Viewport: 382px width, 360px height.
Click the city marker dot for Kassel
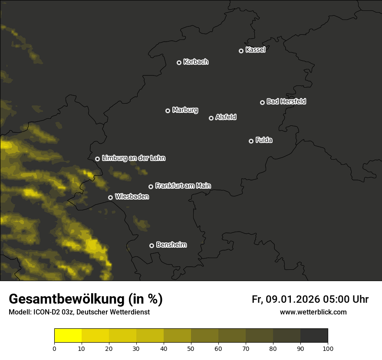pos(241,51)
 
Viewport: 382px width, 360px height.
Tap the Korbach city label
pos(196,62)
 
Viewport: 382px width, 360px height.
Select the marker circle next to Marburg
pos(168,111)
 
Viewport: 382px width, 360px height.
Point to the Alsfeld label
pos(226,117)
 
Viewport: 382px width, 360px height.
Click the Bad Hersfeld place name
pos(286,101)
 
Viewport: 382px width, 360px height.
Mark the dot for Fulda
pos(251,141)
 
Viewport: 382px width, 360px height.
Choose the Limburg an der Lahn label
pos(133,158)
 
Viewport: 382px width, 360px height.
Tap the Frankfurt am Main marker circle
pos(151,187)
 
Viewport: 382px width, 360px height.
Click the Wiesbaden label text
pos(132,196)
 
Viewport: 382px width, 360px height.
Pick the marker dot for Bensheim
pos(151,245)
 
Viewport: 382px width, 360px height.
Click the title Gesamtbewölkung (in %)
pos(86,299)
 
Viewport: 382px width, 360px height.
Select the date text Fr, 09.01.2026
pos(285,299)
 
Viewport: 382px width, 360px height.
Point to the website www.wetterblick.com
pos(313,312)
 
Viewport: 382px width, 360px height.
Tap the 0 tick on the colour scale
pos(54,348)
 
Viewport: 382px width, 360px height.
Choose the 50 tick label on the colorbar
pos(191,348)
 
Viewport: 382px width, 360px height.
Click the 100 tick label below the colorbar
pos(328,348)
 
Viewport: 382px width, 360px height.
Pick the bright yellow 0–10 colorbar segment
pos(68,336)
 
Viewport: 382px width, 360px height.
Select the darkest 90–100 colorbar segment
pos(314,336)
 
